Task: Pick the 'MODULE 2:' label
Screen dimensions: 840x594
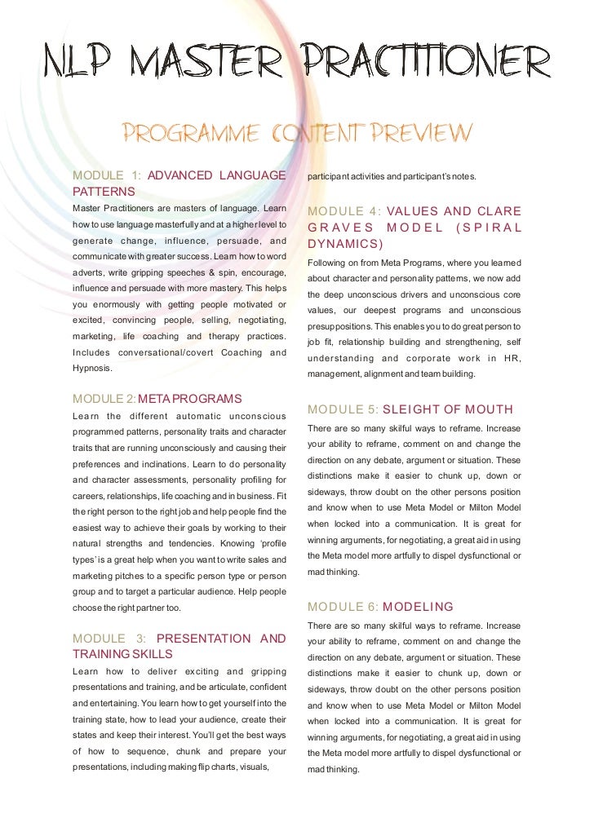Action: (104, 399)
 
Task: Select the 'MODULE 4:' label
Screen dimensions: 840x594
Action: (344, 212)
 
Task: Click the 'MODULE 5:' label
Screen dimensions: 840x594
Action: (344, 409)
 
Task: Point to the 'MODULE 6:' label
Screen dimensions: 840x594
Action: (344, 607)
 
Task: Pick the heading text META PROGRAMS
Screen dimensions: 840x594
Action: (190, 399)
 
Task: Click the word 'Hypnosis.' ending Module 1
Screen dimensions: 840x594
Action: (94, 368)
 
